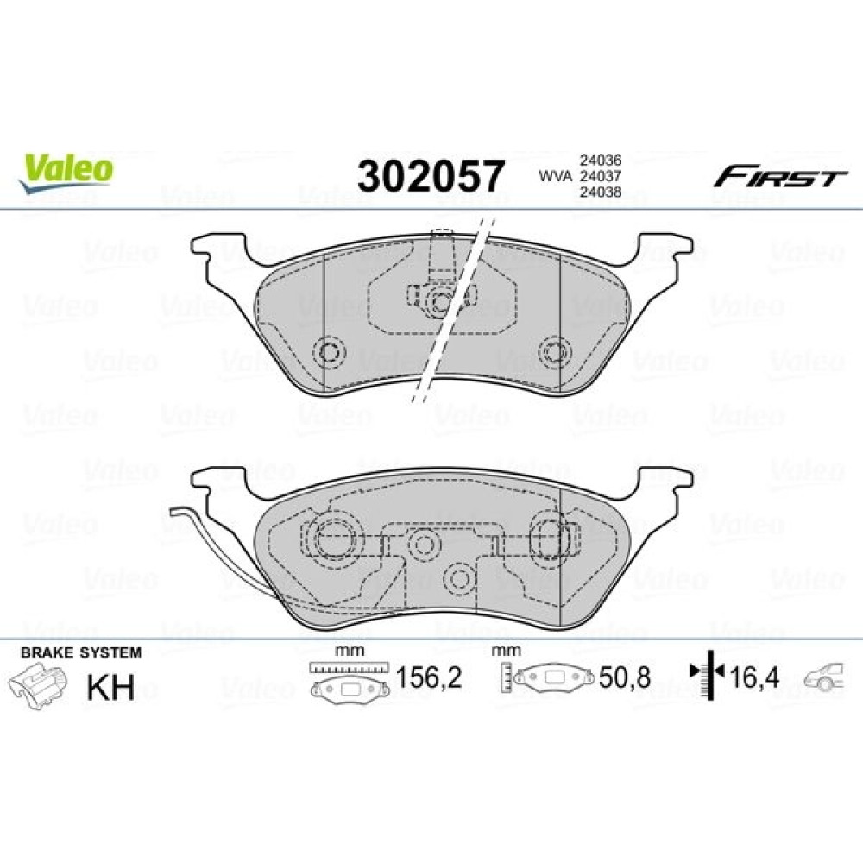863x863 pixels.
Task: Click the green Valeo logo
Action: [x=66, y=173]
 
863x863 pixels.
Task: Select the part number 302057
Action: [x=431, y=176]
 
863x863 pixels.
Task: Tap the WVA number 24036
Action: [x=600, y=161]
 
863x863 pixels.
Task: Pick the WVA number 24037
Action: [x=600, y=176]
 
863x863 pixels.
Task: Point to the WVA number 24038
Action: [x=600, y=192]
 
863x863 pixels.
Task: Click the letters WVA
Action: [x=555, y=176]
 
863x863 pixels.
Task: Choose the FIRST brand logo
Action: [x=780, y=177]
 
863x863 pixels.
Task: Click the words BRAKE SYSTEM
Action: [x=81, y=652]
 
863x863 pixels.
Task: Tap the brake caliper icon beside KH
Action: [x=37, y=685]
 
